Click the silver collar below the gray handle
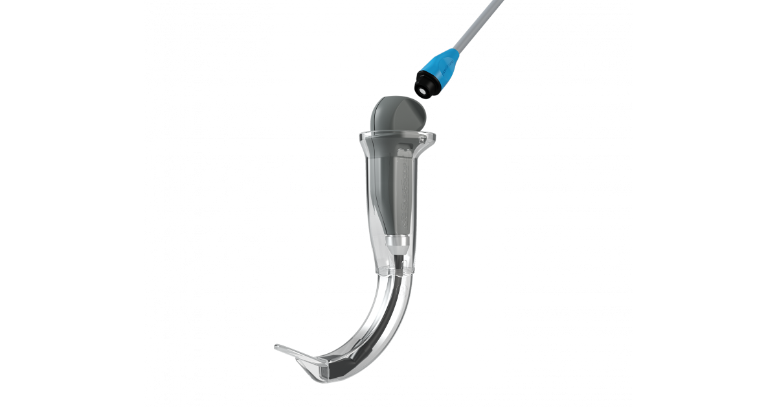tap(396, 244)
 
